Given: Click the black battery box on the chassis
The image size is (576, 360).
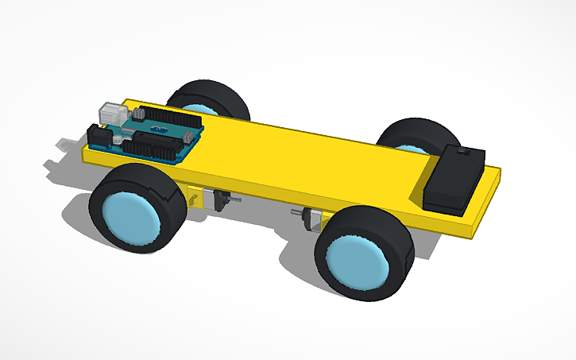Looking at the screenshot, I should coord(454,179).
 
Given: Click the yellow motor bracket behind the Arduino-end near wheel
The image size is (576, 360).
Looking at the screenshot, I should coord(193,195).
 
